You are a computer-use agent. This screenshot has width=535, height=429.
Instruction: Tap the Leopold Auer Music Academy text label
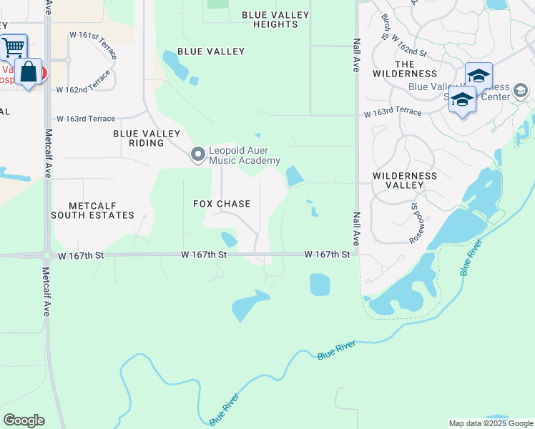click(244, 156)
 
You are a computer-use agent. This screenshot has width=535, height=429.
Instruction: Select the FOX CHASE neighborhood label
click(222, 204)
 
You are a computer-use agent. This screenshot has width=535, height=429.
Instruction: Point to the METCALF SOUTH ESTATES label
click(92, 210)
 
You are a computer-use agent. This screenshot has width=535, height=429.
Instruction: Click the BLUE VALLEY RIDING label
click(149, 138)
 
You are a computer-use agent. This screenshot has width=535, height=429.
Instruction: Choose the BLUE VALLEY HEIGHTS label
click(275, 19)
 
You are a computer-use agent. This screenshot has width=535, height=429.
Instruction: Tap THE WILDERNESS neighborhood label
click(406, 69)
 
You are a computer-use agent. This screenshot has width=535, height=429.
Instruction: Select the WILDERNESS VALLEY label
click(405, 180)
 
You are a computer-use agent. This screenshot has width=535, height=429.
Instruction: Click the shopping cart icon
click(13, 47)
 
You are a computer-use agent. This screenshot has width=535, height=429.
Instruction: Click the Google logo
click(24, 420)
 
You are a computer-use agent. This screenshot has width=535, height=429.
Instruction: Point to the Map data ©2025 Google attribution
click(490, 423)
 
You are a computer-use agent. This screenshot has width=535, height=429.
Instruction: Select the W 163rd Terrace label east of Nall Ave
click(392, 113)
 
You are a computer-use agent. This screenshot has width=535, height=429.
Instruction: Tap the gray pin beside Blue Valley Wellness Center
click(520, 90)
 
